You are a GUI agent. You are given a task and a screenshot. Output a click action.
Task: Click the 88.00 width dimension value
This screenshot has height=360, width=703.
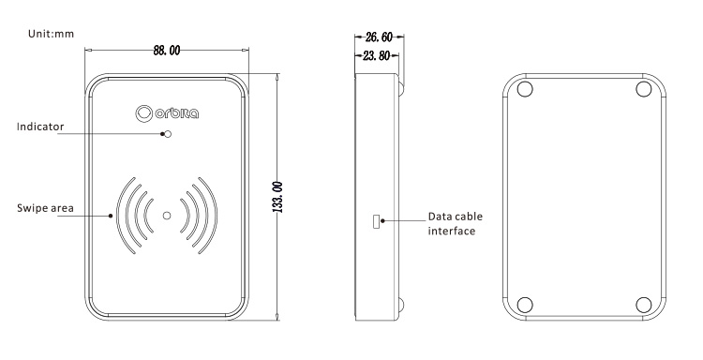(x=167, y=51)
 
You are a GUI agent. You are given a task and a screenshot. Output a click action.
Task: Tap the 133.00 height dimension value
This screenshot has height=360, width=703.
(x=277, y=197)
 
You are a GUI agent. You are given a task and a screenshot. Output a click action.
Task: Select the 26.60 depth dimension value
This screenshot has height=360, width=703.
(x=379, y=37)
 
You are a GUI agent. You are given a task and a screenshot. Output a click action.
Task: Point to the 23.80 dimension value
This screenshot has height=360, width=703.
(x=376, y=56)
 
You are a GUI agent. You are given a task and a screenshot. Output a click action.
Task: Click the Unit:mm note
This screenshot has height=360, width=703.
(x=51, y=34)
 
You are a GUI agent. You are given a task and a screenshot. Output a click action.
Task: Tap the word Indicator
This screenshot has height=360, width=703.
(x=40, y=127)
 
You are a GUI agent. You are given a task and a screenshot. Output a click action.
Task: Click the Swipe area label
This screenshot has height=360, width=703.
(x=45, y=208)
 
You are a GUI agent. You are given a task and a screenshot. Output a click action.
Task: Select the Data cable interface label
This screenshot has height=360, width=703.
(x=455, y=224)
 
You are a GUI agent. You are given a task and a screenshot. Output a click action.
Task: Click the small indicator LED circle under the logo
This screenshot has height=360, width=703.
(x=168, y=134)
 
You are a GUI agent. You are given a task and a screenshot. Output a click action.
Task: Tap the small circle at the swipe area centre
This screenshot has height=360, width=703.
(x=167, y=216)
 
